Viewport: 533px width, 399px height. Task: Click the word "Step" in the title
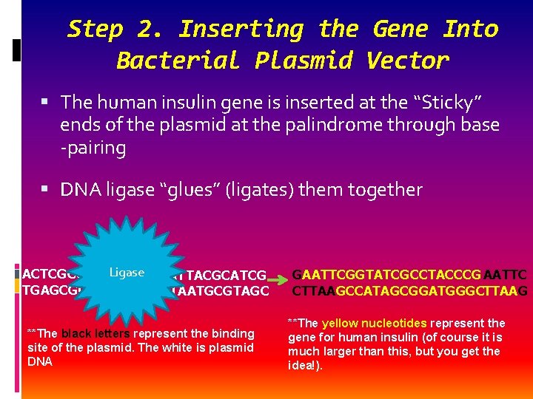[95, 29]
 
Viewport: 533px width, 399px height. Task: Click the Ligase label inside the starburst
[127, 273]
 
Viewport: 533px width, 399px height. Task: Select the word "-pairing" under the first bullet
[93, 148]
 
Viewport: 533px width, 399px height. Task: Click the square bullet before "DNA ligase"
[47, 190]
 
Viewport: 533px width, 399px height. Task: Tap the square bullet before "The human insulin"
[47, 102]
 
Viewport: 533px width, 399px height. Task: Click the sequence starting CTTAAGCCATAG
[409, 291]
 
